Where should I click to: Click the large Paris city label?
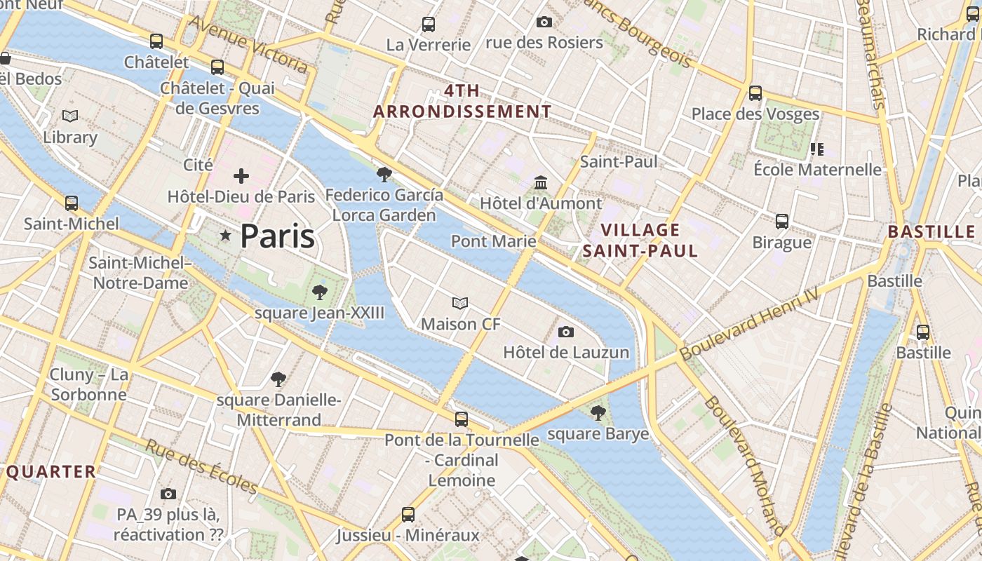[277, 236]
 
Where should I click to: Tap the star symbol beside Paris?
[225, 236]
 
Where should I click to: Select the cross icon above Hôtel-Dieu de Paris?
[241, 176]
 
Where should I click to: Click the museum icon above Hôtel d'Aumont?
[541, 183]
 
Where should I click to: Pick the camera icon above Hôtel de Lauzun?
[566, 332]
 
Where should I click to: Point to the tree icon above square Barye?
[598, 413]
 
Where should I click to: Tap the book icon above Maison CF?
[460, 304]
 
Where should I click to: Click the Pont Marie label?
[493, 241]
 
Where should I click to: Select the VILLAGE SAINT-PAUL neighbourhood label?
[640, 241]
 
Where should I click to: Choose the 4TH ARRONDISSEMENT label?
[462, 101]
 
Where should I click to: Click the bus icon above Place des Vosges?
[755, 93]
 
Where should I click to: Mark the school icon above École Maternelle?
[816, 149]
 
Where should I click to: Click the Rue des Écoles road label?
[202, 466]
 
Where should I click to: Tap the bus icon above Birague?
[782, 222]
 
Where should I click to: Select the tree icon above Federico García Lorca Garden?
[384, 174]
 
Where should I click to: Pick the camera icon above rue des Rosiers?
[544, 22]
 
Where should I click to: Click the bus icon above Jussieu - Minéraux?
[408, 515]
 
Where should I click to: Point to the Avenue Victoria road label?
[248, 43]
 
